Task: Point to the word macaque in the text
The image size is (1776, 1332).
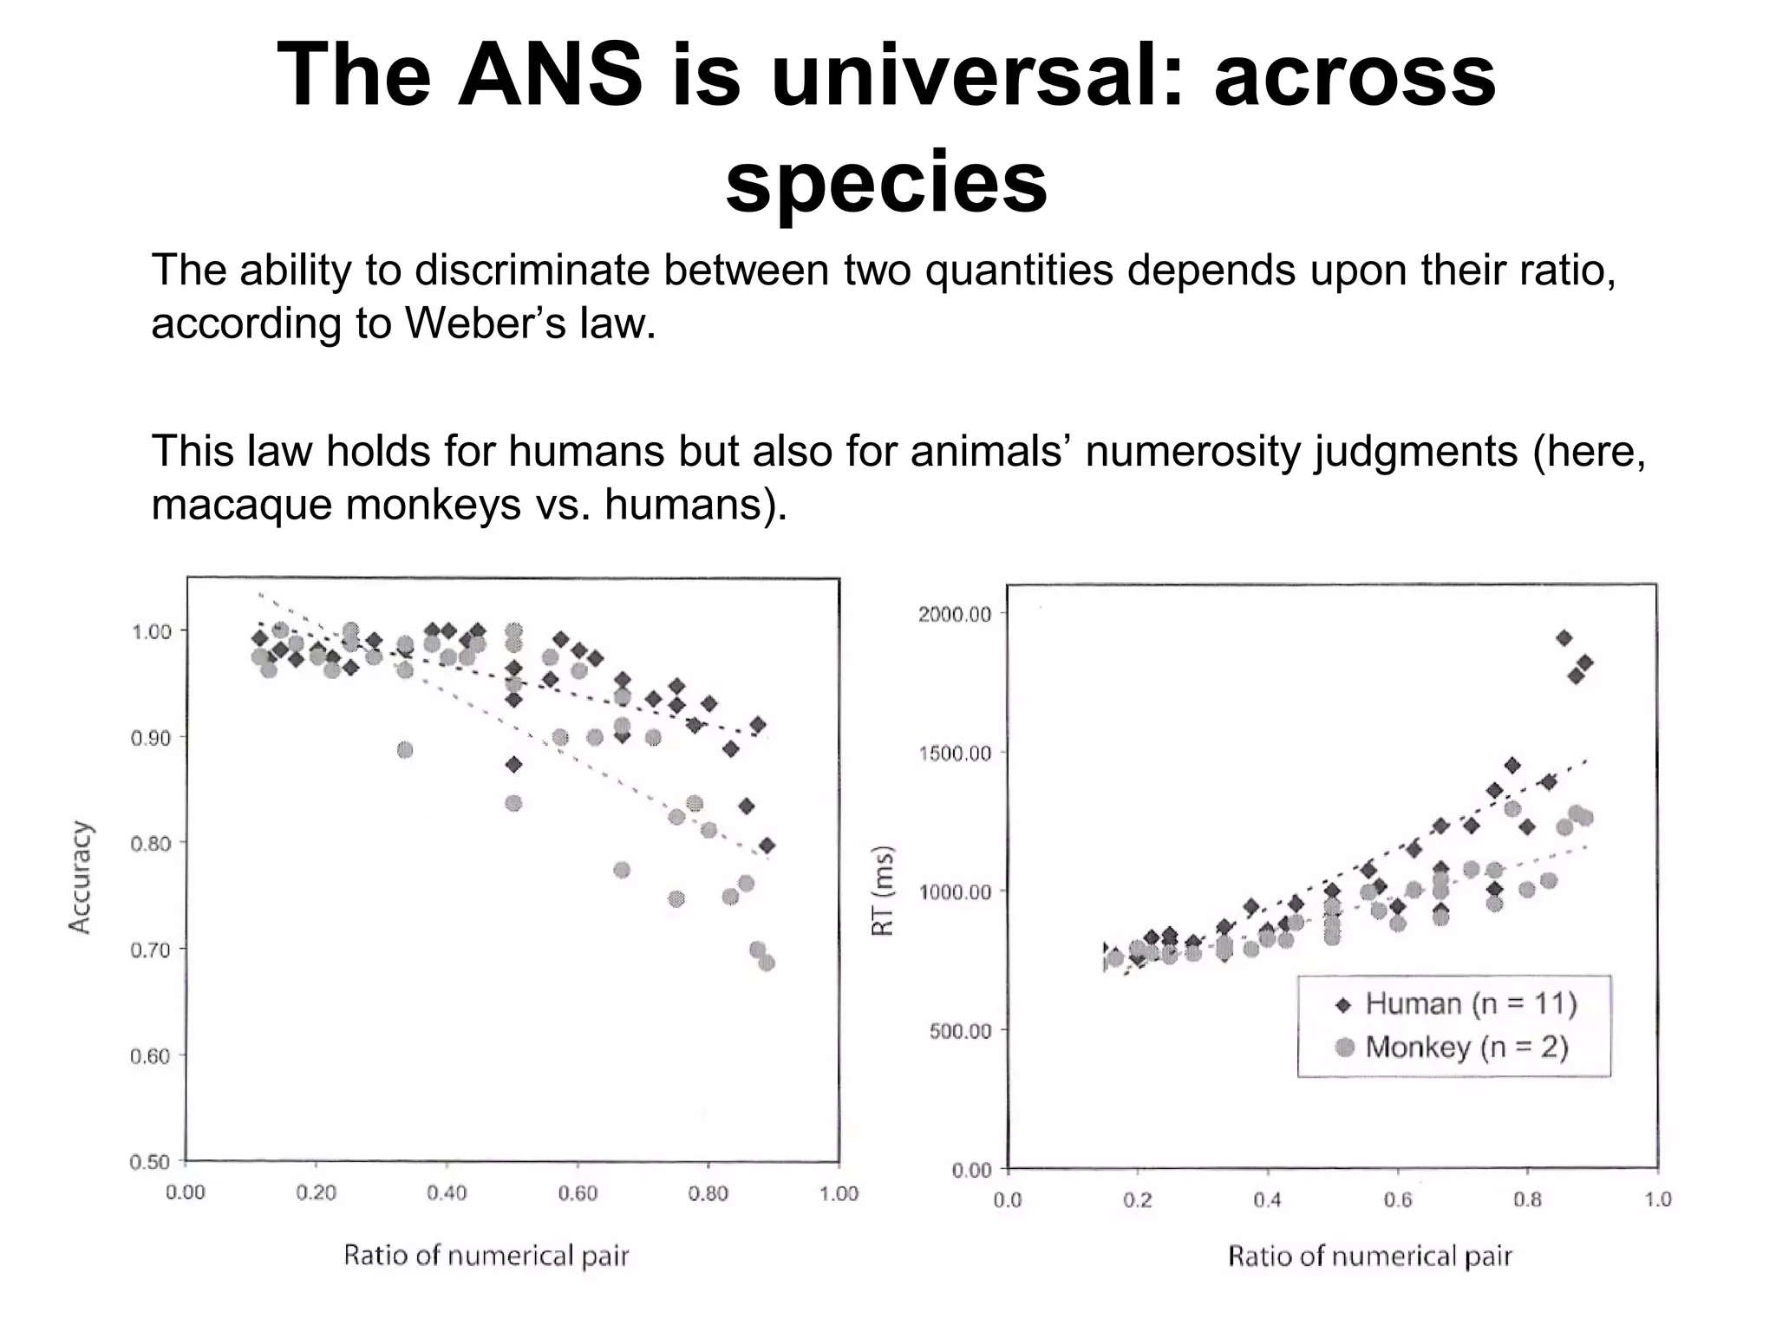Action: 243,505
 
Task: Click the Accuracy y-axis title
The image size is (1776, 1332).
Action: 80,877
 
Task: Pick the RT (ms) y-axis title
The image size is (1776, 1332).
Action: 882,891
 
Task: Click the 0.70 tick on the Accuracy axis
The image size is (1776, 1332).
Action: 151,950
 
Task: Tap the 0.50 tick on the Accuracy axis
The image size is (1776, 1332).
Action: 151,1162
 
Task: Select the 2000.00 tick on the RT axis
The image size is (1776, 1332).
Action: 954,614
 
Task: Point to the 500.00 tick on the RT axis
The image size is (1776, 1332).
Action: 959,1031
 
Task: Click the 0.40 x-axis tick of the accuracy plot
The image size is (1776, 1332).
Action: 447,1193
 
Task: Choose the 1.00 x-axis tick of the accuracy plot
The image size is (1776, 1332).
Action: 839,1193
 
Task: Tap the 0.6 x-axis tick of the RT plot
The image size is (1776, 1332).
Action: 1397,1200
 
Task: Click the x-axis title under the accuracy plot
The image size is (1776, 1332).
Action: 486,1256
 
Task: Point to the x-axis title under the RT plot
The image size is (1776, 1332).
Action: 1369,1257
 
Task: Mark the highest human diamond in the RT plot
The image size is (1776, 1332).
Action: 1564,638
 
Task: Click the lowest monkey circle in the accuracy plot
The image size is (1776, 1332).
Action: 767,963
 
